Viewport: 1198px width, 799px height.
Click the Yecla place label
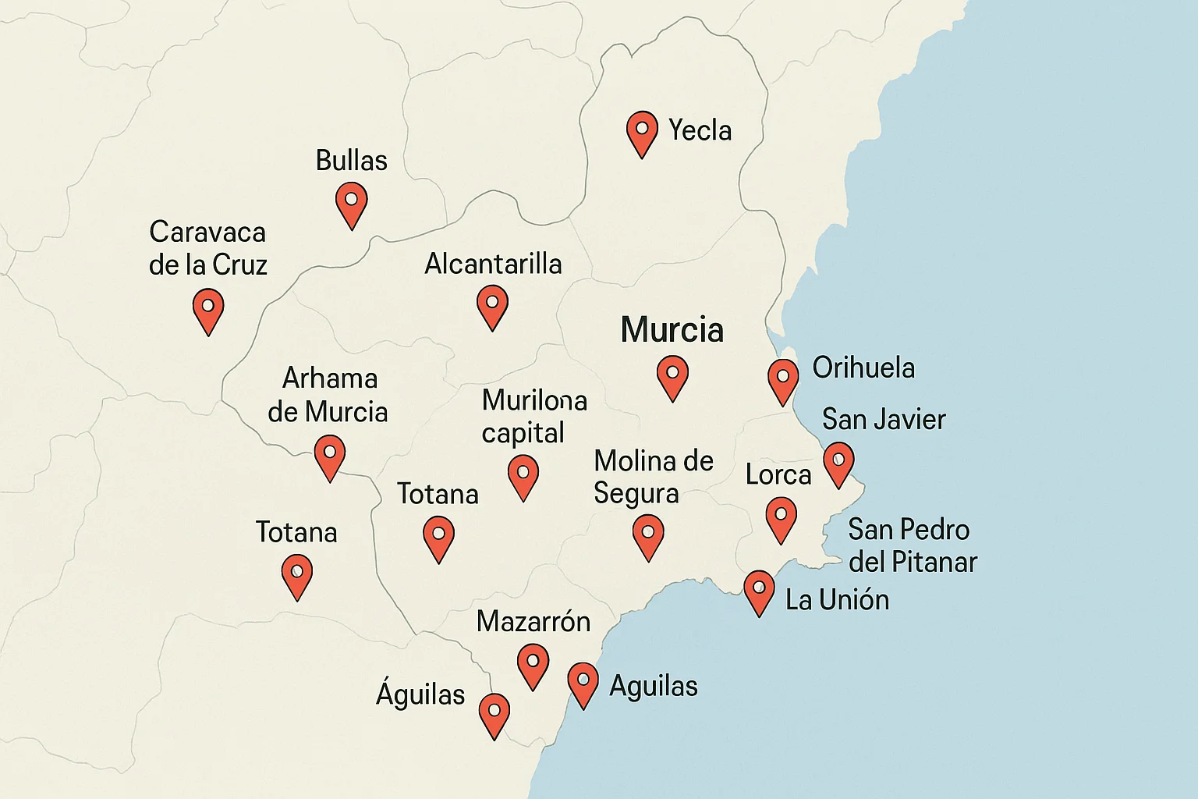click(700, 130)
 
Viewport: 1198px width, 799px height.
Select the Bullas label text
click(351, 161)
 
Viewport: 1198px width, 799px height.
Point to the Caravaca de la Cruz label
click(207, 248)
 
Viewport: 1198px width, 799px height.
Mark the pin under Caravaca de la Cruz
click(208, 309)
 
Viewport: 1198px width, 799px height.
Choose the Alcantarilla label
click(493, 264)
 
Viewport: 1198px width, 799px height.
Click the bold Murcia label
click(672, 330)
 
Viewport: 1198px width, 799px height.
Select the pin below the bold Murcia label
click(672, 376)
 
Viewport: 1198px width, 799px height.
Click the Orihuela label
click(863, 368)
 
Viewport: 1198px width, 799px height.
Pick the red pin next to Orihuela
click(782, 380)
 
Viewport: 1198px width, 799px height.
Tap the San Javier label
click(884, 420)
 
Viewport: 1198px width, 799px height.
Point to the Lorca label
click(778, 474)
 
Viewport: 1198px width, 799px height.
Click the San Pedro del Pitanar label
click(912, 545)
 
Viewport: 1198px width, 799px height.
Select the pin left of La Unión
click(759, 591)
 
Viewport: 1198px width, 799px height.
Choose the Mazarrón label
click(533, 621)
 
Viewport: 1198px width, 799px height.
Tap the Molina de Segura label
click(653, 477)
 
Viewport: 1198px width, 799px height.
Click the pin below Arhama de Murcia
click(329, 456)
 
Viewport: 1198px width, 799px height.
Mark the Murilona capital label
click(533, 416)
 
